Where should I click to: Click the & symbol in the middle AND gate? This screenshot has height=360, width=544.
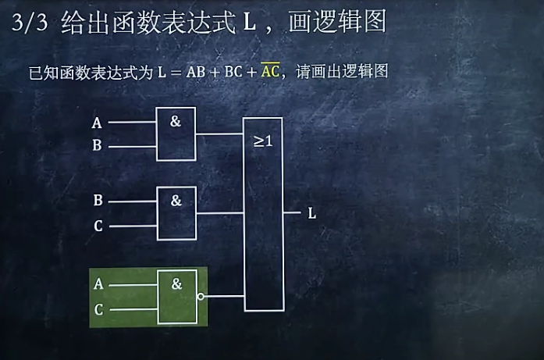[176, 201]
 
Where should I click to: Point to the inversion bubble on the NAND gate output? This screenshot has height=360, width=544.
[201, 297]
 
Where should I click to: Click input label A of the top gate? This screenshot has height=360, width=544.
[97, 123]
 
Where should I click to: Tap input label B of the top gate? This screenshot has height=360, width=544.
[97, 146]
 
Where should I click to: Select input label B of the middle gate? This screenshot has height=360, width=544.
[98, 201]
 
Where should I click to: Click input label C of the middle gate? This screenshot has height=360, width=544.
[98, 226]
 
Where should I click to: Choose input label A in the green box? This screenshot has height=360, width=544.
[98, 285]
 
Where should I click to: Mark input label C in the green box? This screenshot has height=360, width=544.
[98, 310]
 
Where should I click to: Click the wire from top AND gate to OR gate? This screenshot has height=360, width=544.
[219, 134]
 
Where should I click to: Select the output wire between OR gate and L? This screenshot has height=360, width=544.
[291, 212]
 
